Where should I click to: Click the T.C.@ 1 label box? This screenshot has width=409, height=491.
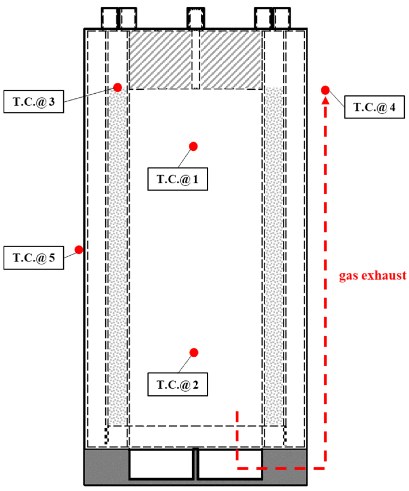(178, 179)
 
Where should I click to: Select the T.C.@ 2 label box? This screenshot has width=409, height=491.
(178, 384)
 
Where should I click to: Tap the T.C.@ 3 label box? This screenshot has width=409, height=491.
(34, 101)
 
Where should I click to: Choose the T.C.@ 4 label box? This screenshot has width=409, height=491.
(374, 107)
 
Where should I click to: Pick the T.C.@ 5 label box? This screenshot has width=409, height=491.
(34, 258)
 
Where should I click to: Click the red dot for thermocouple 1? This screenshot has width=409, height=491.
(193, 146)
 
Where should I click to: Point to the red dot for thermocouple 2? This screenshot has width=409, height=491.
(194, 352)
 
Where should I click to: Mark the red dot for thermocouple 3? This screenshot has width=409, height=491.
(117, 87)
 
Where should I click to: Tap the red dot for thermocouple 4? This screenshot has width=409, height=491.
(325, 90)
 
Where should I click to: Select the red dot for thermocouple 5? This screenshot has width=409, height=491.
(79, 250)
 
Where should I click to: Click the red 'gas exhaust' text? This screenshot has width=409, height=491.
(372, 275)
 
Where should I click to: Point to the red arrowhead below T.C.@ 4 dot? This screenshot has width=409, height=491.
(326, 100)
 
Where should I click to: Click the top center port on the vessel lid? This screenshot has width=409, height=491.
(196, 18)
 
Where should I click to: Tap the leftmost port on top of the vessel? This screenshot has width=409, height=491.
(109, 18)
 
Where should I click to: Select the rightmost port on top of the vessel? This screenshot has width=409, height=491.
(282, 18)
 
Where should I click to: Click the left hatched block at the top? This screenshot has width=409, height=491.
(160, 60)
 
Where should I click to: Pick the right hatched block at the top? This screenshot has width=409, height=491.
(231, 60)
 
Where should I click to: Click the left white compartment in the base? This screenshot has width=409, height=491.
(161, 464)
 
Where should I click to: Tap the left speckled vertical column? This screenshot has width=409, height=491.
(117, 256)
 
